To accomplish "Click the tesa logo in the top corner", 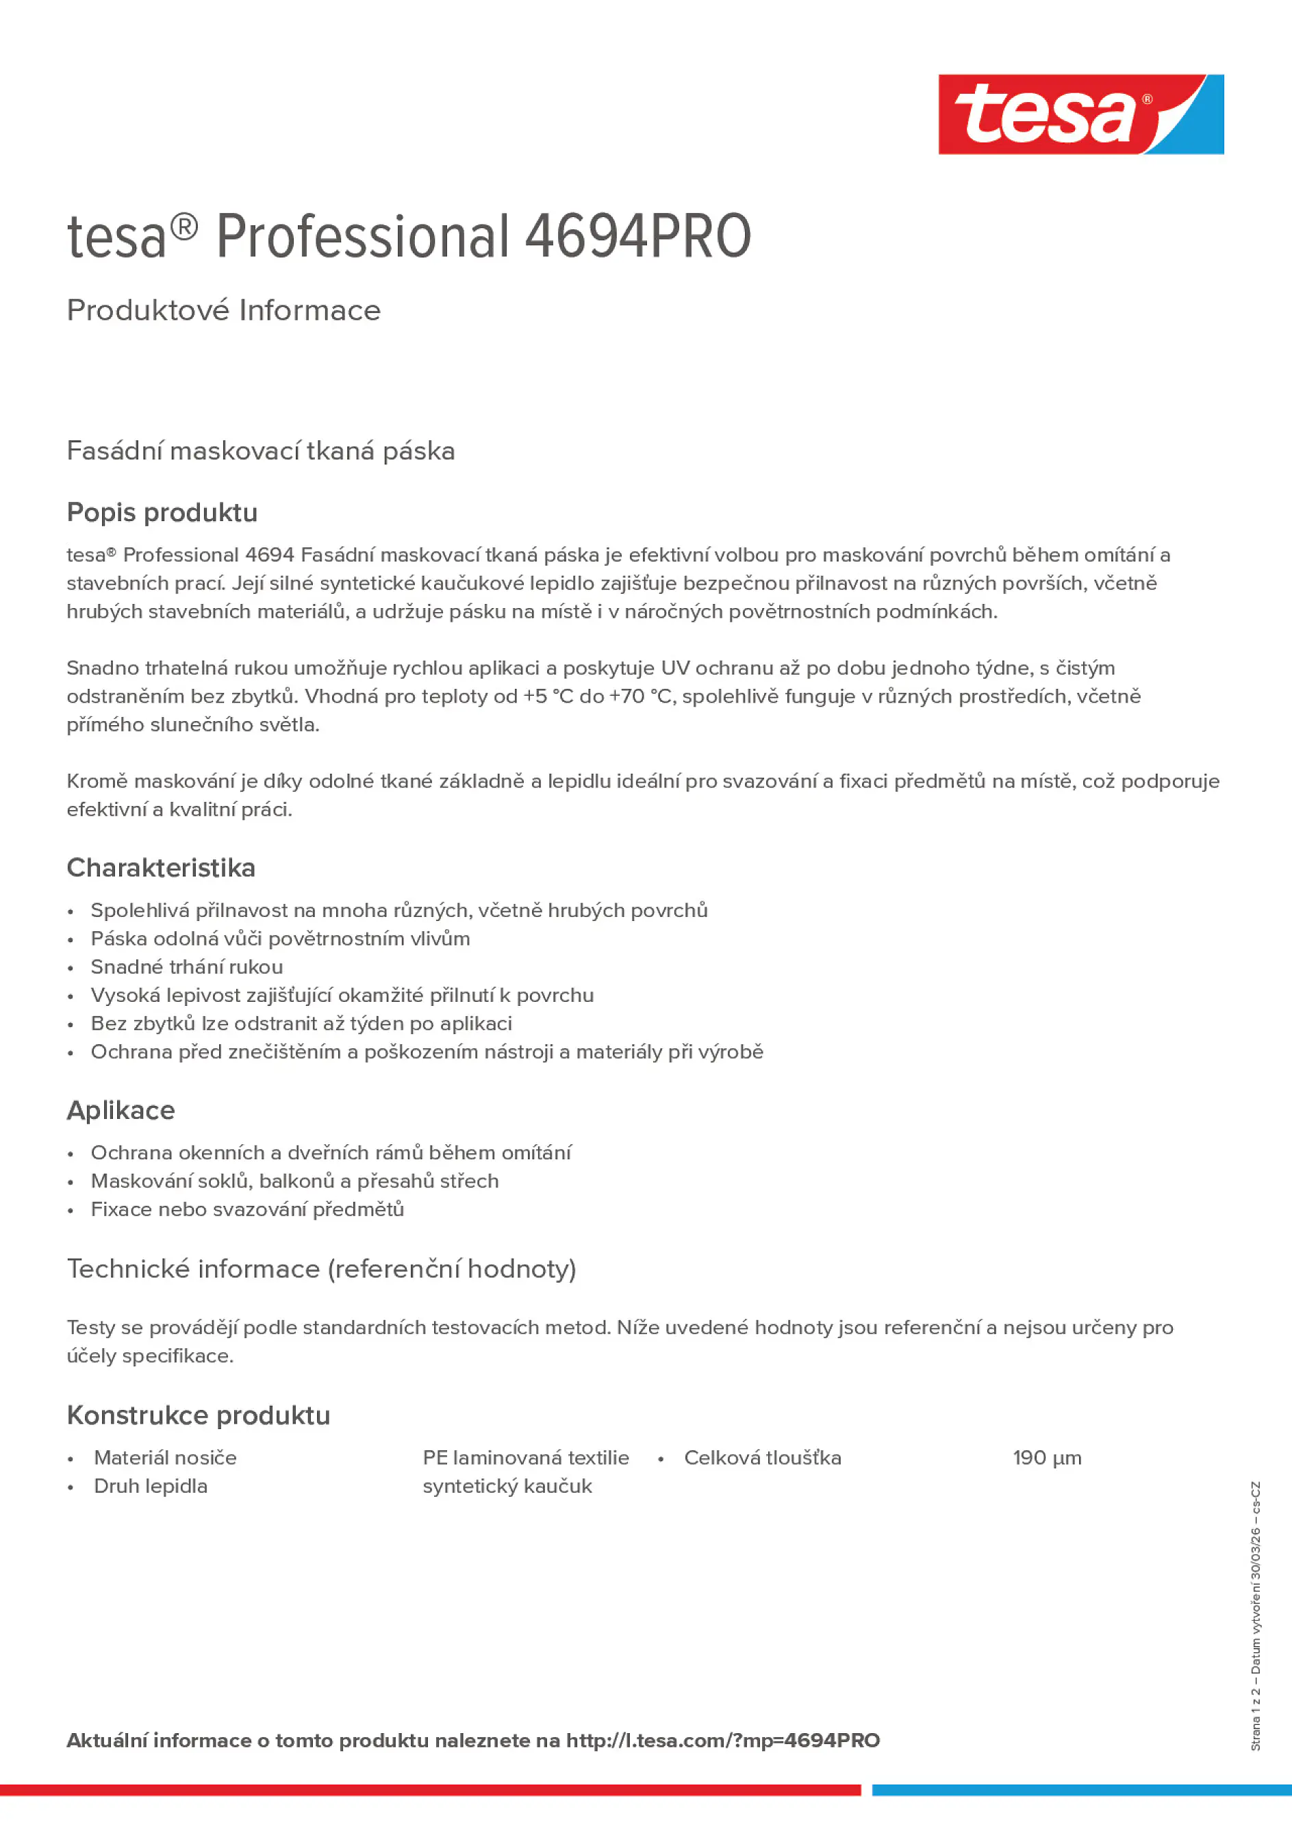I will pos(1080,115).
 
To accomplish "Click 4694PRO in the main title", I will pos(637,237).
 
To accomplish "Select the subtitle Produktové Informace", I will pos(224,311).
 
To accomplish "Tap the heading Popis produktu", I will pos(162,512).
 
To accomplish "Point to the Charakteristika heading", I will pos(161,868).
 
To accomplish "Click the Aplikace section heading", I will pos(121,1110).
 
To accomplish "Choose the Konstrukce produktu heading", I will pos(199,1415).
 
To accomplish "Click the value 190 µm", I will pos(1047,1458).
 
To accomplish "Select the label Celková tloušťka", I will pos(762,1458).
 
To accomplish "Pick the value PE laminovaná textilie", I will pos(526,1458).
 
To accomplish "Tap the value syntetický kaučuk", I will pos(507,1486).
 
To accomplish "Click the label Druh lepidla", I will pos(151,1486).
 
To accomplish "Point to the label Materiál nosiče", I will pos(165,1458).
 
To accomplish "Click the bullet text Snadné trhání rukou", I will pos(186,966).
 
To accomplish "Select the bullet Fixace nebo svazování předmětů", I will pos(247,1209).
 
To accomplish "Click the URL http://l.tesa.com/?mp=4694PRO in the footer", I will pos(722,1741).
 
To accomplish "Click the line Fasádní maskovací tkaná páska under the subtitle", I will pos(260,451).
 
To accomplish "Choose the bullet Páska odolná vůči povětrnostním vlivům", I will pos(281,938).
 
